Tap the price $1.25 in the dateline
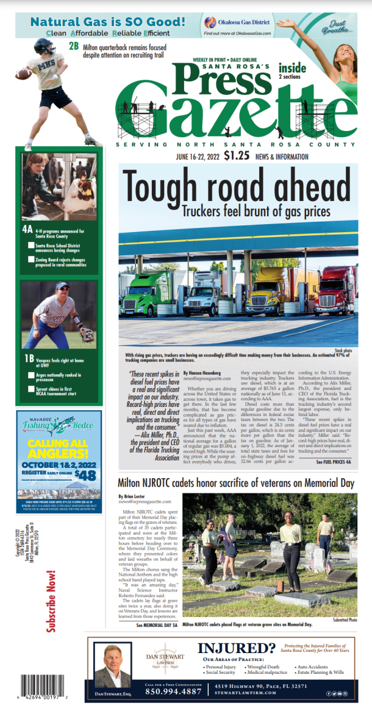(x=236, y=155)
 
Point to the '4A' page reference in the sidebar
(x=27, y=230)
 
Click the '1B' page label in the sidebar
(x=27, y=358)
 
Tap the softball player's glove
(x=86, y=334)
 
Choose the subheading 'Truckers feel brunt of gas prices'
(x=256, y=211)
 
